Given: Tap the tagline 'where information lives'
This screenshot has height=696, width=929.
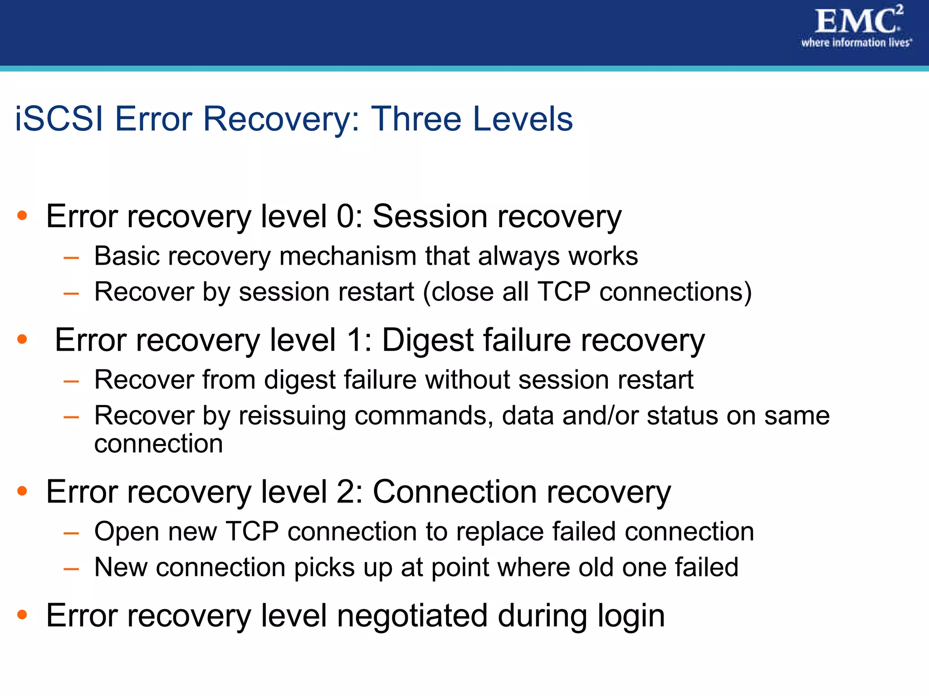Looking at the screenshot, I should tap(856, 43).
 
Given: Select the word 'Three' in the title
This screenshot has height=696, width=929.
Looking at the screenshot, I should tap(416, 119).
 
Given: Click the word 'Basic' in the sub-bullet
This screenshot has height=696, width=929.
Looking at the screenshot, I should tap(127, 256).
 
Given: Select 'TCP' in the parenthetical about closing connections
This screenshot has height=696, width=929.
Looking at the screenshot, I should tap(564, 292).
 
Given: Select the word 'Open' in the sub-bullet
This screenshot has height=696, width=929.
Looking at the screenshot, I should tap(127, 532).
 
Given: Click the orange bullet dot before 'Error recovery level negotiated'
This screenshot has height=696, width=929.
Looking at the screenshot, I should tap(22, 615).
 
